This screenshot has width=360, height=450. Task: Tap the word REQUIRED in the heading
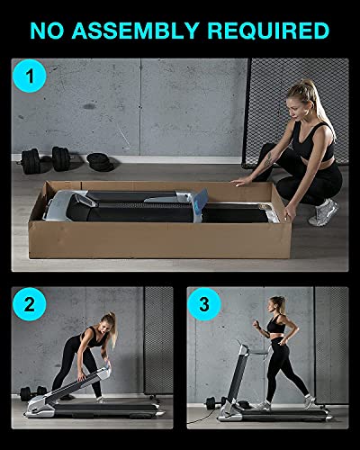point(267,30)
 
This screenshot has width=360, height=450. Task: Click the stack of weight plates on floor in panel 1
point(97,162)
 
